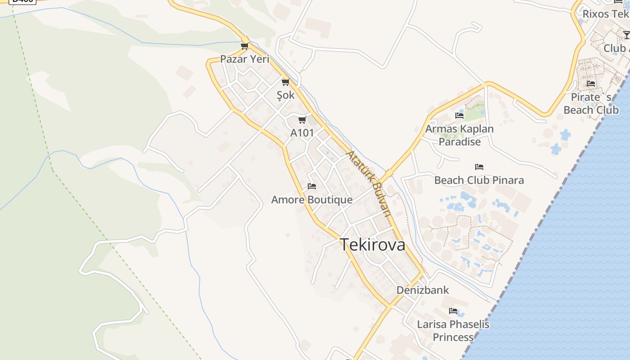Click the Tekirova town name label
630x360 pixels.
(372, 245)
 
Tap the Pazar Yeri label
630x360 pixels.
(244, 59)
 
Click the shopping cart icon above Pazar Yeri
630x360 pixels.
(245, 46)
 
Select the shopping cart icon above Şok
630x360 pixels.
(285, 82)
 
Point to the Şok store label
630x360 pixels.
(286, 95)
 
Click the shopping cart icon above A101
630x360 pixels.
(302, 120)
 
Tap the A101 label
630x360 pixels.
(302, 133)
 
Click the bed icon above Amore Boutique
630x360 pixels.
(312, 186)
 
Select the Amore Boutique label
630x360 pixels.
(312, 199)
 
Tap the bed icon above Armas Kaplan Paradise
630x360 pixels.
(459, 116)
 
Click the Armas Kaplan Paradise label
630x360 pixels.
(459, 135)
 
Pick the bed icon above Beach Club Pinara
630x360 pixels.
(479, 167)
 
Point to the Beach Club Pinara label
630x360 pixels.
(479, 180)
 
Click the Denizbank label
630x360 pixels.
(423, 290)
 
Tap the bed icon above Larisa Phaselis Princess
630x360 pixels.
(453, 311)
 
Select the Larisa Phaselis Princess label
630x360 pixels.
(453, 330)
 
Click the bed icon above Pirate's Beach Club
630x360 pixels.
(591, 84)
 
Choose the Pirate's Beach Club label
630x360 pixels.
(591, 103)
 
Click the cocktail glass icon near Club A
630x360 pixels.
(626, 35)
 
